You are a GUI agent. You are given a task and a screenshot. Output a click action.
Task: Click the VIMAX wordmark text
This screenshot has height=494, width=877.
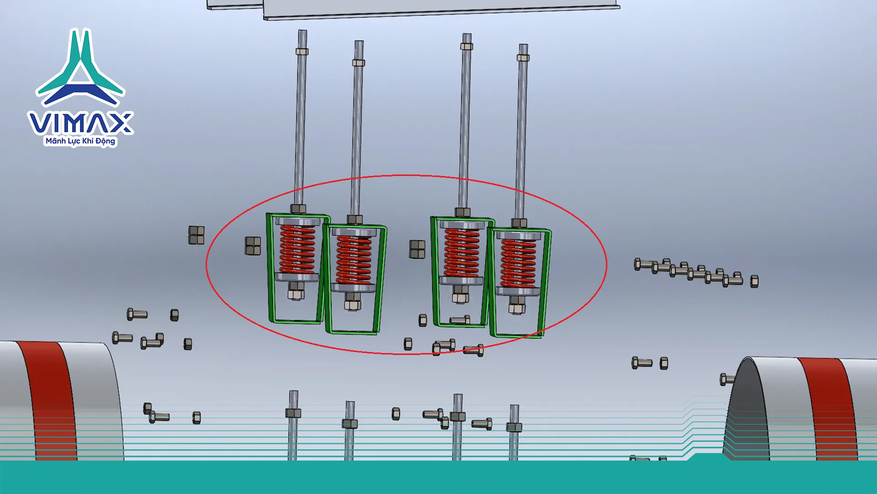(x=80, y=123)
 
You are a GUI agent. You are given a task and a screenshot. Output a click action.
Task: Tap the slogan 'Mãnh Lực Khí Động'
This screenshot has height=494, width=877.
(x=80, y=141)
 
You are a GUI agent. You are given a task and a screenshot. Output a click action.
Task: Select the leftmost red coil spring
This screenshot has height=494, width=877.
(x=297, y=249)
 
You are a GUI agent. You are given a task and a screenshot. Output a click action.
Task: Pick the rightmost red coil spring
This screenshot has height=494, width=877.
(x=518, y=263)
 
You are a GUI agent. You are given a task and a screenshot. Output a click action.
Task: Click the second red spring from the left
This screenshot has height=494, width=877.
(x=354, y=259)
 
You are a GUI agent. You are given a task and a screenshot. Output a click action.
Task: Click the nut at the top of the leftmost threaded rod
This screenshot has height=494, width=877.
(x=302, y=51)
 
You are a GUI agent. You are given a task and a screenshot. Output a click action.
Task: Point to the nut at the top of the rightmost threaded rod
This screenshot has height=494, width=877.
(x=523, y=58)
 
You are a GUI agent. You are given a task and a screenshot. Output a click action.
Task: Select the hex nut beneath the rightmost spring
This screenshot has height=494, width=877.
(x=517, y=305)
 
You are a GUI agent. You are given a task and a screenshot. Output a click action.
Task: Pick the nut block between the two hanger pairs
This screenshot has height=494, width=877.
(x=417, y=249)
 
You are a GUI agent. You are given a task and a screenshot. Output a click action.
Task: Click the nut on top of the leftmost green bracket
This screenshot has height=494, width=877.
(x=298, y=209)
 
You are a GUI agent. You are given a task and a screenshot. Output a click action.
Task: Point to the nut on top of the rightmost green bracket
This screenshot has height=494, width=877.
(x=519, y=223)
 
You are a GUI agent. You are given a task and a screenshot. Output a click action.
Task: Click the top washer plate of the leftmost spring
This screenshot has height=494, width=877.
(x=297, y=221)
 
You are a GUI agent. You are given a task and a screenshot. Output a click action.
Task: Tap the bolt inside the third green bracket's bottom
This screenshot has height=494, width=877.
(x=460, y=320)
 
